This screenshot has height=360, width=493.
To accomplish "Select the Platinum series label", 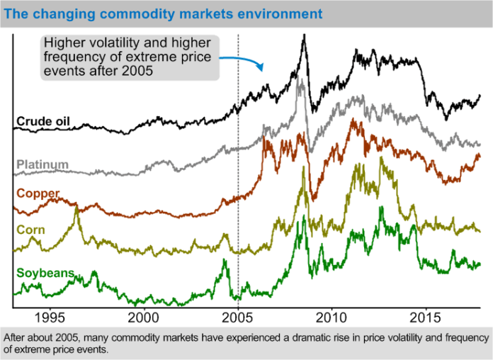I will coord(42,165).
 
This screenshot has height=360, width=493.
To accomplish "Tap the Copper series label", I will coord(38,193).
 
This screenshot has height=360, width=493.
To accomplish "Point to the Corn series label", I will coord(30,230).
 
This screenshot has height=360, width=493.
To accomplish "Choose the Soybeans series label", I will coord(46,273).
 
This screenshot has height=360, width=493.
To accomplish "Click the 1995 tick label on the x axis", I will coord(50,317).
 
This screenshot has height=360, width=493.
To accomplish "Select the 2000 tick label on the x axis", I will coord(144,317).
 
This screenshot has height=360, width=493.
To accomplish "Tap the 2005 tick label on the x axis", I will coord(238,317).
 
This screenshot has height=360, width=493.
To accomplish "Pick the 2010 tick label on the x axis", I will coord(332,317).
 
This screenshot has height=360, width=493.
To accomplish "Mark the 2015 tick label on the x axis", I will coord(426,317).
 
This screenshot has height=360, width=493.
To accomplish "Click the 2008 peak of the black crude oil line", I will coord(304,35).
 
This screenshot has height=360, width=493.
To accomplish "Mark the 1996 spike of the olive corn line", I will coord(76,210).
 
